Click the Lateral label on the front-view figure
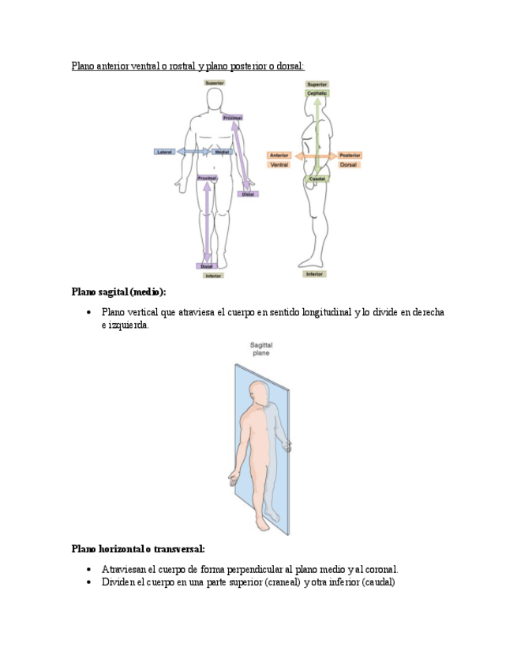165,151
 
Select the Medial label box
222,151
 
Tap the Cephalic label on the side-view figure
317,93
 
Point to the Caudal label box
317,179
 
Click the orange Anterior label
279,156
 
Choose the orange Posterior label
350,156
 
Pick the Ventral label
279,165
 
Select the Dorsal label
349,165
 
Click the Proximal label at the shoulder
232,118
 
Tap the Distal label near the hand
248,194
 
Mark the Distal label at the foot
207,266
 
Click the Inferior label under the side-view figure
315,274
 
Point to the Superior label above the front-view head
214,83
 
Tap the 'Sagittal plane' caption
260,349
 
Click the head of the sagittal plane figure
258,390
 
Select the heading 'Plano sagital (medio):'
118,292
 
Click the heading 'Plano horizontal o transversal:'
138,548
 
